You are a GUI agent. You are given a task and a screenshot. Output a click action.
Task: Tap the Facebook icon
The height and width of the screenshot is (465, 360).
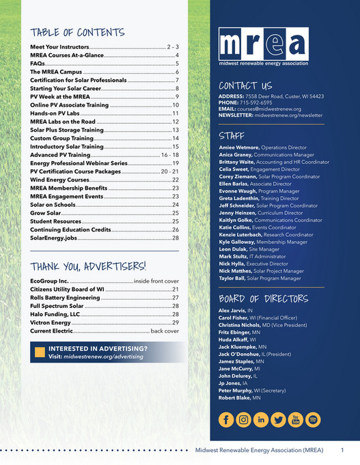pyautogui.click(x=225, y=419)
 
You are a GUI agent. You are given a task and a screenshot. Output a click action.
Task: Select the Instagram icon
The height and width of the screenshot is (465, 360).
pyautogui.click(x=243, y=419)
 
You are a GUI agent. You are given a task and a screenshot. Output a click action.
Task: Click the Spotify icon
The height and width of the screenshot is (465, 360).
pyautogui.click(x=313, y=419)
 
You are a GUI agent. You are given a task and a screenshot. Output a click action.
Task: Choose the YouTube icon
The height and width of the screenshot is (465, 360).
pyautogui.click(x=295, y=419)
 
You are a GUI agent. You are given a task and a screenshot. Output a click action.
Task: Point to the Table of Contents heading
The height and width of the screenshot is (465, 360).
pyautogui.click(x=77, y=32)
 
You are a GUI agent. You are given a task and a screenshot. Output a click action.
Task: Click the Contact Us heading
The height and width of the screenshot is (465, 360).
pyautogui.click(x=245, y=86)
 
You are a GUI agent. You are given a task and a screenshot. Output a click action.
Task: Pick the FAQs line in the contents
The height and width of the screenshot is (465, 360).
pyautogui.click(x=38, y=63)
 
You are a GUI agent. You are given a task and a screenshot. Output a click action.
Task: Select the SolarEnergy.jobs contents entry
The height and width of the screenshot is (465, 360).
pyautogui.click(x=56, y=238)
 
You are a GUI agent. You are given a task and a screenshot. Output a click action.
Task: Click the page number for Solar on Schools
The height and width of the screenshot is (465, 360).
pyautogui.click(x=176, y=204)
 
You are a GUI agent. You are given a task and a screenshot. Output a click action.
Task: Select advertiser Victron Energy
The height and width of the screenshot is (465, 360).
pyautogui.click(x=51, y=322)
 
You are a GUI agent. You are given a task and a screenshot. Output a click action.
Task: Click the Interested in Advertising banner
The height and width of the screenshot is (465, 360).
pyautogui.click(x=105, y=352)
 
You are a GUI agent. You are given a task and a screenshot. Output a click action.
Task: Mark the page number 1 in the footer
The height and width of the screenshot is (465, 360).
pyautogui.click(x=342, y=451)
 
